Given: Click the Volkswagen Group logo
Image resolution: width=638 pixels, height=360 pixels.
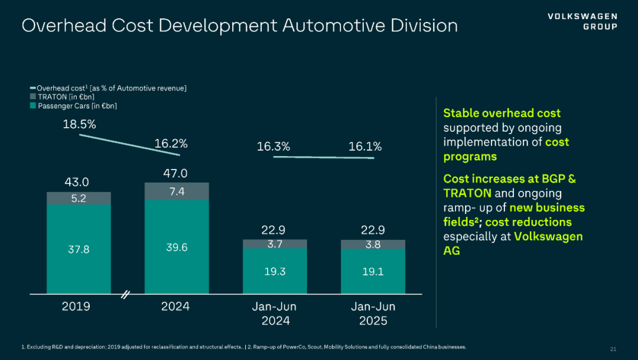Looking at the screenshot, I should click(582, 21).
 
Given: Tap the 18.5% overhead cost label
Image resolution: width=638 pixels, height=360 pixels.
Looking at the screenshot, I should click(80, 125).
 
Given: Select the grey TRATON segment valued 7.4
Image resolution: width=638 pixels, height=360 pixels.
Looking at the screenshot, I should click(177, 191).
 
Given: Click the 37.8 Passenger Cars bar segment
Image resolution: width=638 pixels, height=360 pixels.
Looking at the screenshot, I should click(79, 249).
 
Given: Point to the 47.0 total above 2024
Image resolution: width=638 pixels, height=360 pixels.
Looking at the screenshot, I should click(175, 173).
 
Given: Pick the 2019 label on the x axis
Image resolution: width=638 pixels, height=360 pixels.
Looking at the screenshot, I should click(76, 306).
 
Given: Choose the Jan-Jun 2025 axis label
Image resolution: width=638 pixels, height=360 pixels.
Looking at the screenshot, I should click(373, 314).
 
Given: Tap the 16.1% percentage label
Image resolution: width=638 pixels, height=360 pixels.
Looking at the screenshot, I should click(365, 147).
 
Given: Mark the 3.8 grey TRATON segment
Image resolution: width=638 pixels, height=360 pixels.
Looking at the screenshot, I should click(373, 244).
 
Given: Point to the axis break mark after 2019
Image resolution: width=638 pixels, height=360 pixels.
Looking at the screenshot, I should click(125, 294).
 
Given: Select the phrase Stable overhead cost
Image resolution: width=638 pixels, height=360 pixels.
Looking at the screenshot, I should click(502, 113).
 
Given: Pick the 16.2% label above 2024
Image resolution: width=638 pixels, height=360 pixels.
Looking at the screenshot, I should click(171, 143).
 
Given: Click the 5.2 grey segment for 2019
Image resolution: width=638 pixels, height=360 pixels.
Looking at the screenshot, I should click(79, 198).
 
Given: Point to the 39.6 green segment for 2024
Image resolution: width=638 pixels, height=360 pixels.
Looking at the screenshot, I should click(177, 247).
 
